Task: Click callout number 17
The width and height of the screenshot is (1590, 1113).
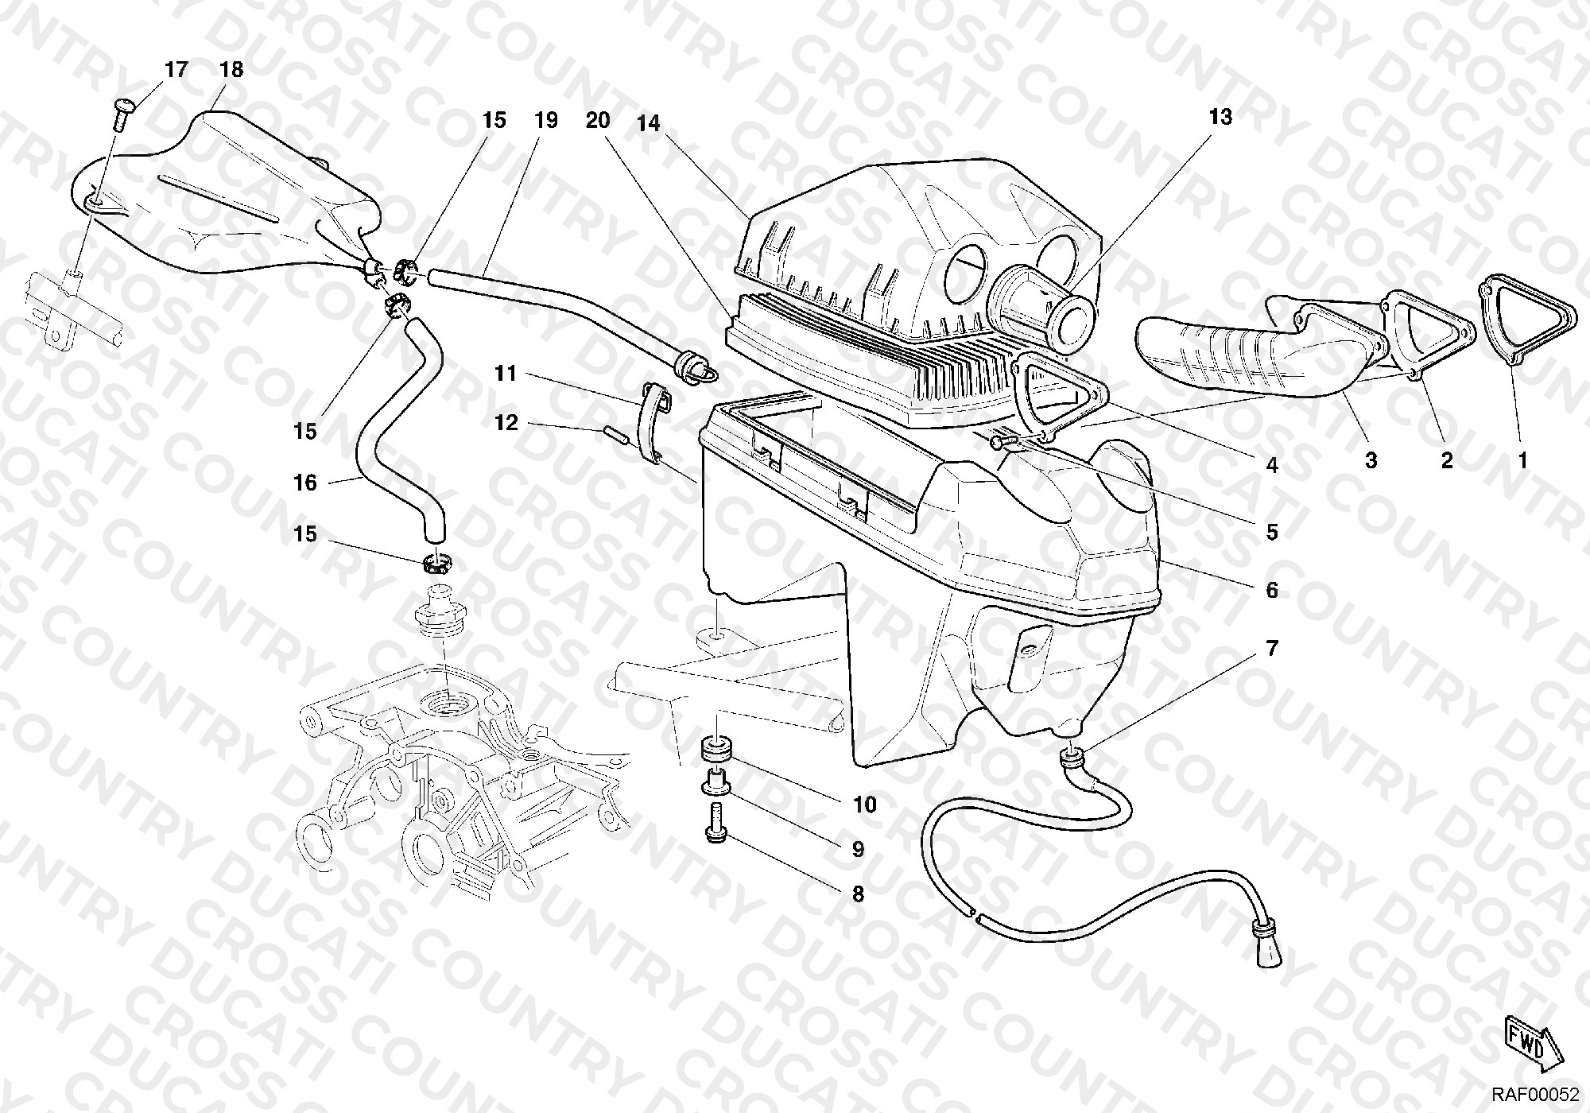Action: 176,70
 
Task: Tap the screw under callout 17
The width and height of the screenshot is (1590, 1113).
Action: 122,114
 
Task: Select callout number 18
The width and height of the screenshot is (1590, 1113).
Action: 231,70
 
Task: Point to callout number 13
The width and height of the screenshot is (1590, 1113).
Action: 1220,117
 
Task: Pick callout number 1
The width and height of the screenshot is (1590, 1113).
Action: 1522,460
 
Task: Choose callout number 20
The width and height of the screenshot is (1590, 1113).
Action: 598,121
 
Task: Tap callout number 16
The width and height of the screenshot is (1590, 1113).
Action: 305,483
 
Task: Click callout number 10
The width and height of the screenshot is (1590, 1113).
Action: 864,805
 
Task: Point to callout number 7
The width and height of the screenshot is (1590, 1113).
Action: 1272,649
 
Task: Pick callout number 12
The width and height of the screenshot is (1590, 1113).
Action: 506,423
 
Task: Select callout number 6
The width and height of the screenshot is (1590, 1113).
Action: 1272,590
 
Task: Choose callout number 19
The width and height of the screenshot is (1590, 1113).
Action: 545,121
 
